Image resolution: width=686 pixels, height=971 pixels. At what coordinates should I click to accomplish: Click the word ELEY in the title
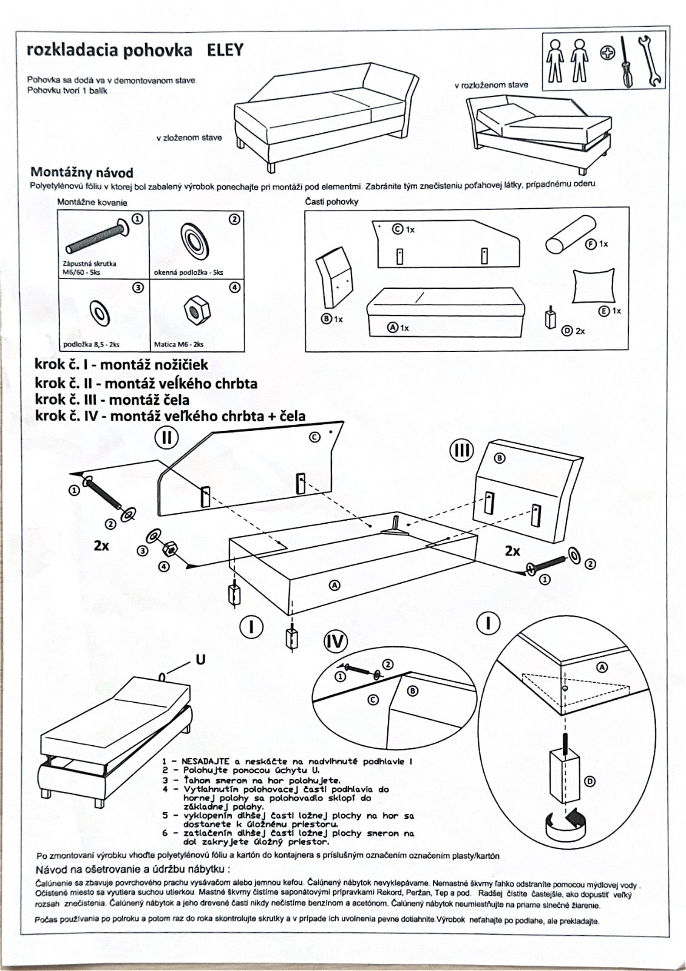point(225,50)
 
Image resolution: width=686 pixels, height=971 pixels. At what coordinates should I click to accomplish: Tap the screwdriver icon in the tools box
point(625,63)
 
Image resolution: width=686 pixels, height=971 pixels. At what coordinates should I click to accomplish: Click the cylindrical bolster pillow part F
point(563,240)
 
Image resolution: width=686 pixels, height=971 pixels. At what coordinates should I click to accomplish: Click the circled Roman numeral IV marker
point(335,643)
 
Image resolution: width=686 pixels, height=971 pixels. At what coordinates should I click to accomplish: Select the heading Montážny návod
point(81,172)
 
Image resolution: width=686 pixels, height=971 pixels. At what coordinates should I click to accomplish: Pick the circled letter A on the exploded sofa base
point(334,584)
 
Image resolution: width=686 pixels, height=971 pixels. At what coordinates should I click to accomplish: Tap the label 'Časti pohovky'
point(331,201)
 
